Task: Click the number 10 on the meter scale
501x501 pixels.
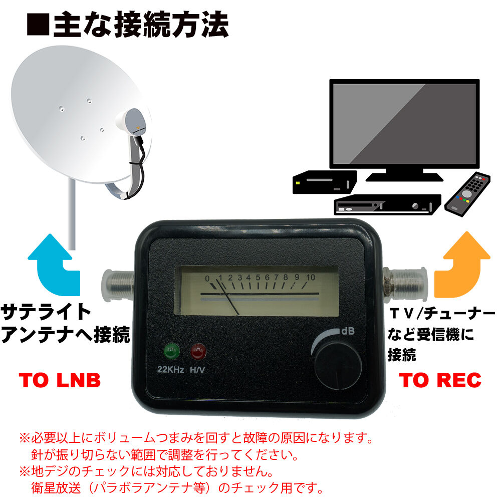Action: click(310, 277)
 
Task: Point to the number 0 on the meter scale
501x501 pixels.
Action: click(207, 278)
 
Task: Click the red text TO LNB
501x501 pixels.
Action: click(60, 381)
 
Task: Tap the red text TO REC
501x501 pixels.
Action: click(441, 381)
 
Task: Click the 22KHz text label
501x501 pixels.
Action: click(171, 371)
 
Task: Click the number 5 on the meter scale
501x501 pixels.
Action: click(258, 278)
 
